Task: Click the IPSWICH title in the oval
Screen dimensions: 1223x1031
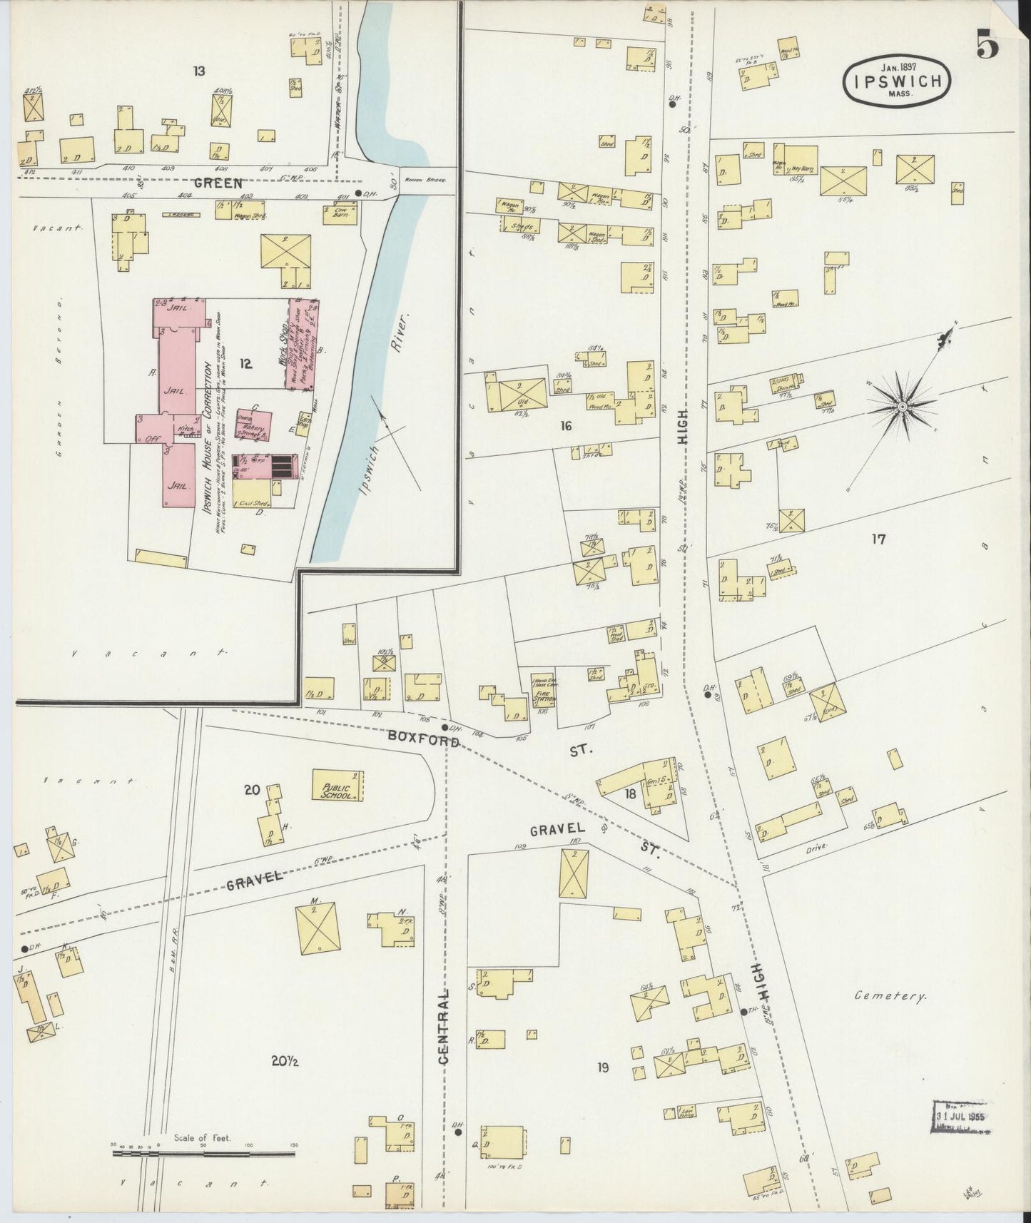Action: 898,81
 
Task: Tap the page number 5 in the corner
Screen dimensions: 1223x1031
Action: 987,47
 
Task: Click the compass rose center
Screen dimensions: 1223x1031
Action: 902,407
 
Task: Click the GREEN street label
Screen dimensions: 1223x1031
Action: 218,183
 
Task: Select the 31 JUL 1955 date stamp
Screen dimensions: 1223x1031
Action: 960,1115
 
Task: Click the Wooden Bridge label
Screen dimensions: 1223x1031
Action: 427,181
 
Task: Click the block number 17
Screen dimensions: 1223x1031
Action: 878,539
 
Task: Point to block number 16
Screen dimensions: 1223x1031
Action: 566,427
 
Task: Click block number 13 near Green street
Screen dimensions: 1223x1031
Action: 199,71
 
